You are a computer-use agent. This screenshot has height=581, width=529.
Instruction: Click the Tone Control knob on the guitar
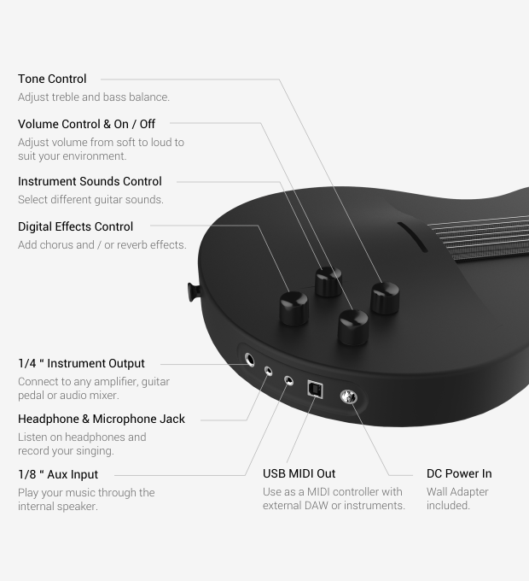(x=385, y=298)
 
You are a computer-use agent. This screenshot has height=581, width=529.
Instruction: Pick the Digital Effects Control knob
(x=294, y=308)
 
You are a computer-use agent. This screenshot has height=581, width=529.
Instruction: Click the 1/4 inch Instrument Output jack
(x=250, y=360)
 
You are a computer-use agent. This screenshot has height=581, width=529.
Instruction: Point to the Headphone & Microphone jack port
(x=268, y=371)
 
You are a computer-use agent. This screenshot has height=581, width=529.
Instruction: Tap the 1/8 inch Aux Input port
(x=289, y=380)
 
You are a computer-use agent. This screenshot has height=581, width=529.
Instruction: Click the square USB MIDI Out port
(x=315, y=390)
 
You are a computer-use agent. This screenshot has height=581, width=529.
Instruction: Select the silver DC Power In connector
(x=348, y=396)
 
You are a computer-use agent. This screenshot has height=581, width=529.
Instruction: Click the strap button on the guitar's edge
(x=194, y=291)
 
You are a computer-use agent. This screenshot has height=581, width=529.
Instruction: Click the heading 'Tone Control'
(x=52, y=79)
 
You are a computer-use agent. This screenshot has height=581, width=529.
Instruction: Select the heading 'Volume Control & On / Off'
(x=86, y=124)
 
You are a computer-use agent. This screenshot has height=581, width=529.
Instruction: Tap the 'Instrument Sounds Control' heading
(x=90, y=181)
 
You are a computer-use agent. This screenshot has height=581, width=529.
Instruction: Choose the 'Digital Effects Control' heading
(x=75, y=226)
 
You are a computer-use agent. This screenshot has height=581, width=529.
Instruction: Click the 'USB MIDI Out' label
(x=299, y=473)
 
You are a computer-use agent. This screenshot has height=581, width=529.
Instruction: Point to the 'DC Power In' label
(x=459, y=473)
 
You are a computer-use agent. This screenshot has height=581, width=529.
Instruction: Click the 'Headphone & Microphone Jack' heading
(x=102, y=419)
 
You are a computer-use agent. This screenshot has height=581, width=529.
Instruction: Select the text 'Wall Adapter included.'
(x=457, y=498)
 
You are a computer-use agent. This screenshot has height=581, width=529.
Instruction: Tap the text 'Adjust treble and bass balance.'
(x=94, y=97)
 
